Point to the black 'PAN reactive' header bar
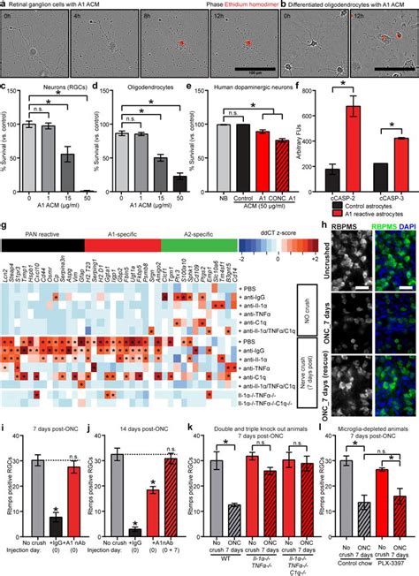tap(44, 239)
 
